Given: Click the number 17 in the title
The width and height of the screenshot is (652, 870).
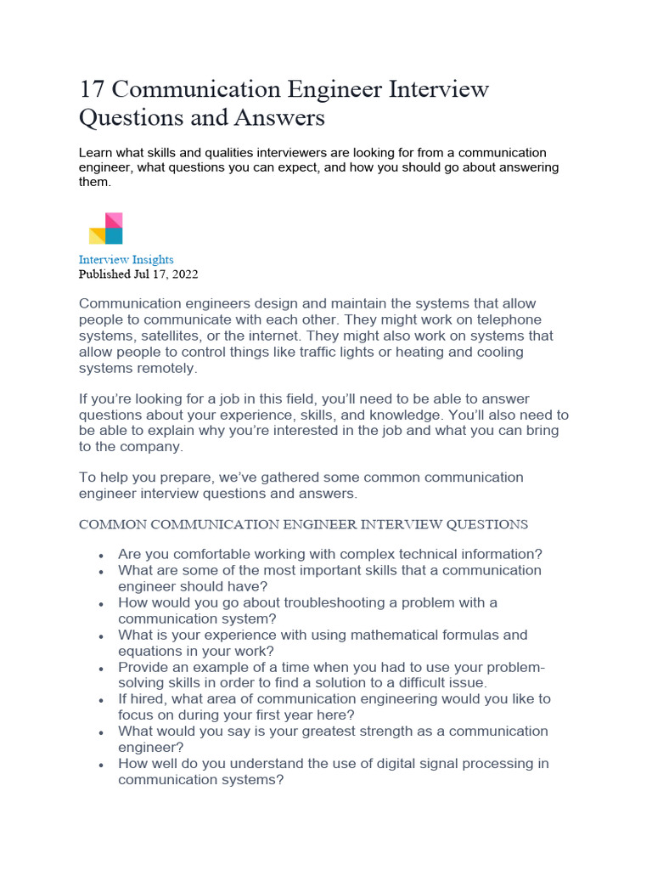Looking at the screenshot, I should coord(92,89).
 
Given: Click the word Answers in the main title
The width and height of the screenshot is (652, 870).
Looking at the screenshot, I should coord(281,118).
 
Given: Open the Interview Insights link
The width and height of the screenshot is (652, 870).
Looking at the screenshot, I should coord(126,259).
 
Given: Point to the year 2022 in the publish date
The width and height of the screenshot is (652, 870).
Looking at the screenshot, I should coord(184,274).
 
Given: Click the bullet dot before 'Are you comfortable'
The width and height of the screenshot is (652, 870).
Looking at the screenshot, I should coord(101,556).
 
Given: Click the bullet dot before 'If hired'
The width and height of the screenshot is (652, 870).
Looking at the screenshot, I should coord(101,700).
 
